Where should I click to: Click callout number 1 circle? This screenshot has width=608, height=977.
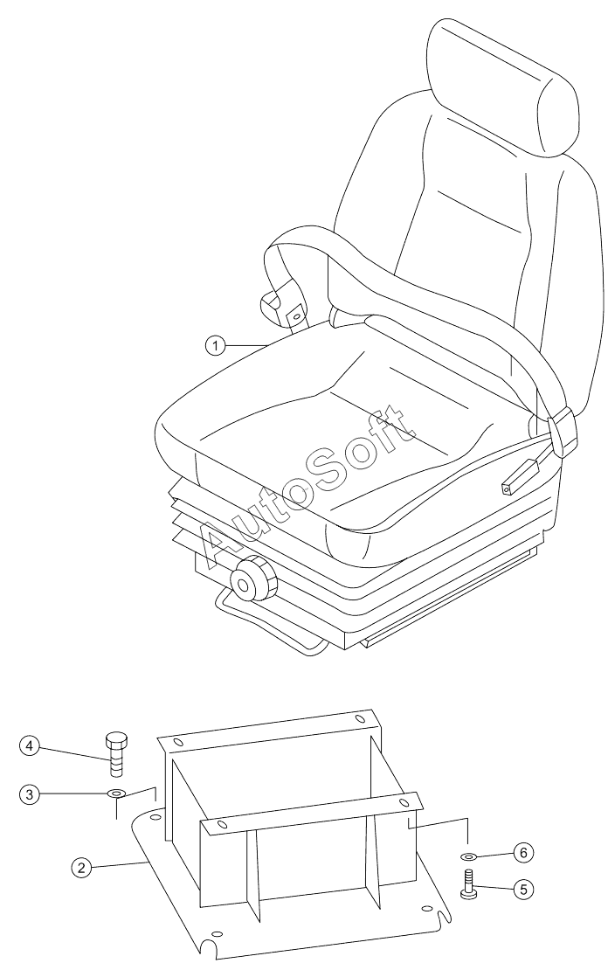215,346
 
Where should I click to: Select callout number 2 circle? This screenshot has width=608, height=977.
80,867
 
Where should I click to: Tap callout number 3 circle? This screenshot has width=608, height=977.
31,794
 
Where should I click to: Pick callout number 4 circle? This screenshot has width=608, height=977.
31,745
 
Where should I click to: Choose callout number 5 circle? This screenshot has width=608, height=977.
523,890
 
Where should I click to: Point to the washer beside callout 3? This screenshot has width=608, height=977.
116,793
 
